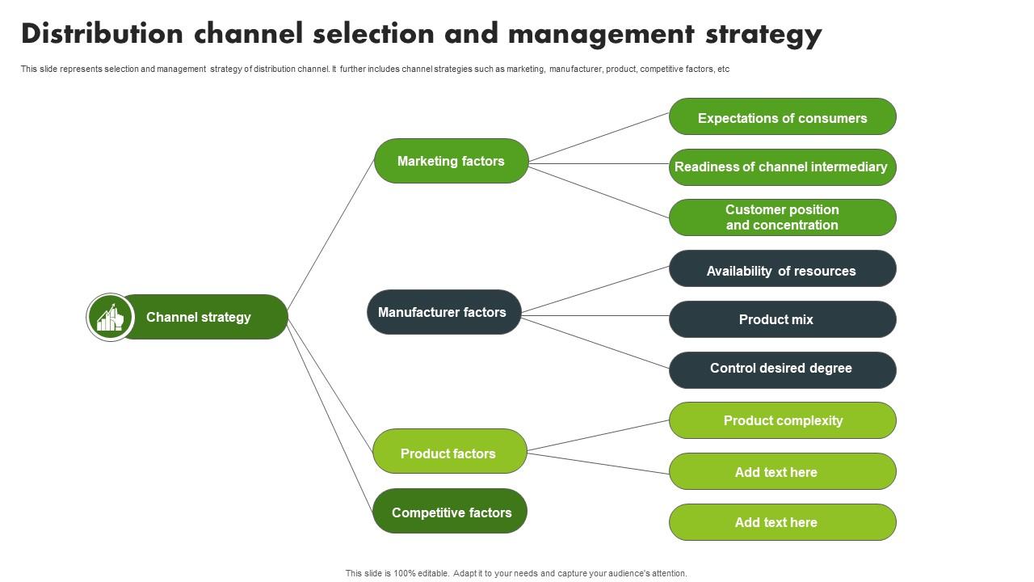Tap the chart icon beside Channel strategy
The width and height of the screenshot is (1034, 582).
point(110,317)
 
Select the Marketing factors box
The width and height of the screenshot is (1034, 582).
point(451,161)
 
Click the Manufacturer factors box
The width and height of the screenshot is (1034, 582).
point(443,312)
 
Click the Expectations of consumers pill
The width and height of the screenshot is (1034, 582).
point(782,117)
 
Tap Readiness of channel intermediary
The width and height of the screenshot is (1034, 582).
point(782,167)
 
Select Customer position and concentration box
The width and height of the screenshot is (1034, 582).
point(782,217)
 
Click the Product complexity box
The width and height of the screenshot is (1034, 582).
point(782,420)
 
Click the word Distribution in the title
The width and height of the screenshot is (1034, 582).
point(102,34)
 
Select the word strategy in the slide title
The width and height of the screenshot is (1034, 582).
point(763,34)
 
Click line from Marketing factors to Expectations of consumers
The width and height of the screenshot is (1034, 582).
point(599,137)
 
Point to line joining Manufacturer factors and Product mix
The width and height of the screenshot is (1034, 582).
point(595,315)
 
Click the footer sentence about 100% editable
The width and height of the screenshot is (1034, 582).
point(516,573)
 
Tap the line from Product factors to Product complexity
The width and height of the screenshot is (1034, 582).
point(598,436)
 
